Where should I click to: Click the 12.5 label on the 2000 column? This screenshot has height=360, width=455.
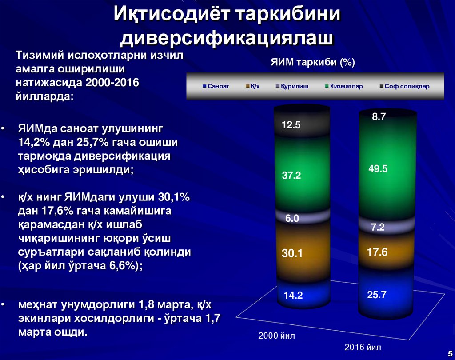pyautogui.click(x=291, y=125)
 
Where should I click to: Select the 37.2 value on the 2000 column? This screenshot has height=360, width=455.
pyautogui.click(x=291, y=176)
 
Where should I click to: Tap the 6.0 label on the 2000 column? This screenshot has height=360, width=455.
pyautogui.click(x=292, y=218)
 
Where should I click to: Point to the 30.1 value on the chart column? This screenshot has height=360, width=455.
pyautogui.click(x=292, y=254)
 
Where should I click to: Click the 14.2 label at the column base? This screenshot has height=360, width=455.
pyautogui.click(x=293, y=295)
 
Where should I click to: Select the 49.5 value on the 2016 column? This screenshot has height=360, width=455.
pyautogui.click(x=378, y=168)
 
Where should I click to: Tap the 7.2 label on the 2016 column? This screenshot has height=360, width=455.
pyautogui.click(x=378, y=228)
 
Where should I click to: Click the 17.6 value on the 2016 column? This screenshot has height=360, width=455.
pyautogui.click(x=377, y=252)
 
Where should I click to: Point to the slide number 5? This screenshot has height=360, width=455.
pyautogui.click(x=449, y=352)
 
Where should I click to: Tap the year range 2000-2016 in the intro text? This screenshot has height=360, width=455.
pyautogui.click(x=113, y=83)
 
